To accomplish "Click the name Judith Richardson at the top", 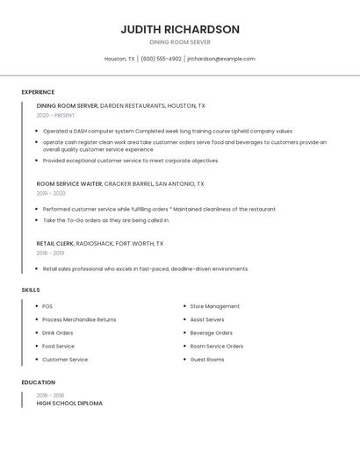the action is (180, 29).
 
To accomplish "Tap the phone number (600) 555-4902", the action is (161, 59).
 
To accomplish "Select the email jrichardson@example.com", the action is (221, 59).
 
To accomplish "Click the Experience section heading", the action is (38, 92).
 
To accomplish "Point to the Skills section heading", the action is (31, 290).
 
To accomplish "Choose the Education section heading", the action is (39, 383).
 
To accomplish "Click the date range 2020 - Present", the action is (55, 116).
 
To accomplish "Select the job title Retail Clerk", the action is (54, 243).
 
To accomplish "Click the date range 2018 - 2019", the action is (51, 253).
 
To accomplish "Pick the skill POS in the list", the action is (47, 306).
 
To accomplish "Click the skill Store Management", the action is (214, 306).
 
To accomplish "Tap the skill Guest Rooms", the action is (207, 359).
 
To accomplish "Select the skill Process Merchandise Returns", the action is (79, 319).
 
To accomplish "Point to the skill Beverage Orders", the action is (211, 333).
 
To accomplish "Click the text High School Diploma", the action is (69, 404).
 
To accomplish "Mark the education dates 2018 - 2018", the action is (51, 395).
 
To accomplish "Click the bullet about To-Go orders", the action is (106, 220).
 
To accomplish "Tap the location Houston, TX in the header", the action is (119, 59).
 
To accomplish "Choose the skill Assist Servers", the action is (207, 319).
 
